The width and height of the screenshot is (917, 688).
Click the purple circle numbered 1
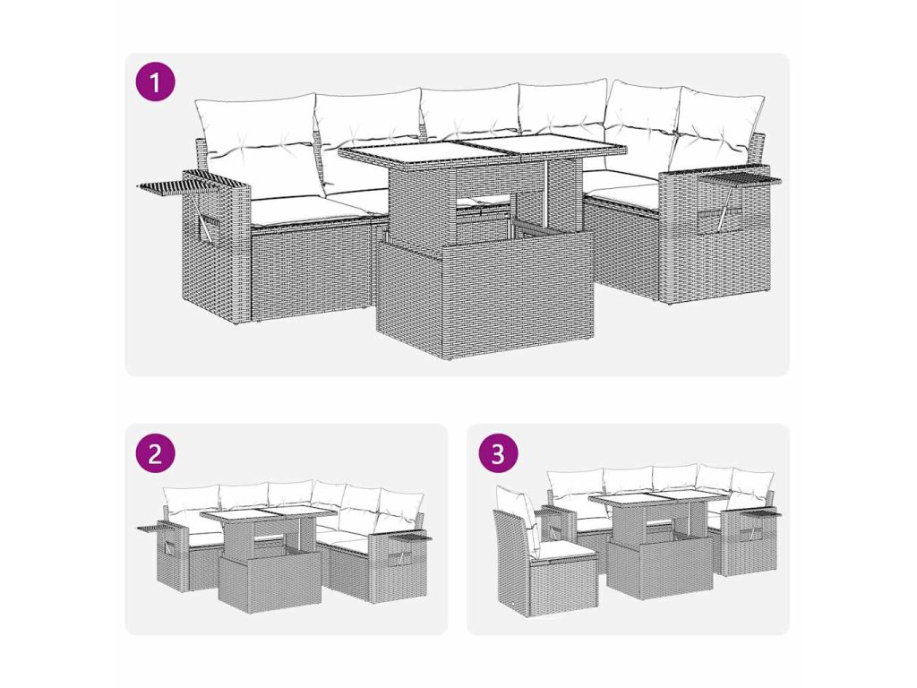coord(155,82)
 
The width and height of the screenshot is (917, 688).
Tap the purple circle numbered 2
coord(155,453)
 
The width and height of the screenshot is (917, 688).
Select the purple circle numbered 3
coord(498,453)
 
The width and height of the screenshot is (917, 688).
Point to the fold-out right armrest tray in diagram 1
coord(740,179)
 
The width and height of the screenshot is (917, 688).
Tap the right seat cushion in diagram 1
coord(623,193)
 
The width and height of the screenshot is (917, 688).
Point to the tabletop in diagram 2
coord(268,515)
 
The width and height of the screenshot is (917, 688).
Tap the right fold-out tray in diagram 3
coord(762,513)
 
